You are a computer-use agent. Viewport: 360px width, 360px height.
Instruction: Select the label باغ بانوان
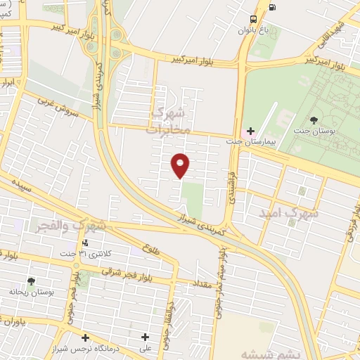254,30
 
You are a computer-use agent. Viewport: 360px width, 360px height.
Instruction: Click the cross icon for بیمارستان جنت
244,131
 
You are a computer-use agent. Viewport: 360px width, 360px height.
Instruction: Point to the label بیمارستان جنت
250,141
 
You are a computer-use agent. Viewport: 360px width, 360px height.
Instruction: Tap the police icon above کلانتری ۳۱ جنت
85,243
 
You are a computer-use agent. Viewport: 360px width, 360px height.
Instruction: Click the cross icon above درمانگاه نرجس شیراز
85,337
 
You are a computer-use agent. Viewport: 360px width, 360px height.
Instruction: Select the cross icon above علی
146,337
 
